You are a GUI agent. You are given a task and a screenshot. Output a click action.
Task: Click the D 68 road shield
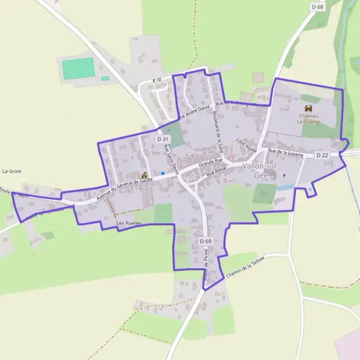coord(317,6)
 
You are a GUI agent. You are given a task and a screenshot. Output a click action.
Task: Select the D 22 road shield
coord(322,155)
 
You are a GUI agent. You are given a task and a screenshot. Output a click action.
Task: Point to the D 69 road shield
coord(205,241)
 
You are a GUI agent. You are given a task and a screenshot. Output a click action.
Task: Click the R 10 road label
coord(157,80)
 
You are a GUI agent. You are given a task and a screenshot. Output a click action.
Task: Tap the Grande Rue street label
coord(211,162)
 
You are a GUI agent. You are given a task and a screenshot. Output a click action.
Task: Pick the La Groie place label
coord(11,170)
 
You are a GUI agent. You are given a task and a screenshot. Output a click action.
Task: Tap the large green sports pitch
coord(78,68)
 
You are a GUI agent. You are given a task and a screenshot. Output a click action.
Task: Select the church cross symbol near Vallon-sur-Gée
coord(284,176)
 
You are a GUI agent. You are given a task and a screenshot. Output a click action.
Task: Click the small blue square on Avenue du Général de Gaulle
coord(163,173)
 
